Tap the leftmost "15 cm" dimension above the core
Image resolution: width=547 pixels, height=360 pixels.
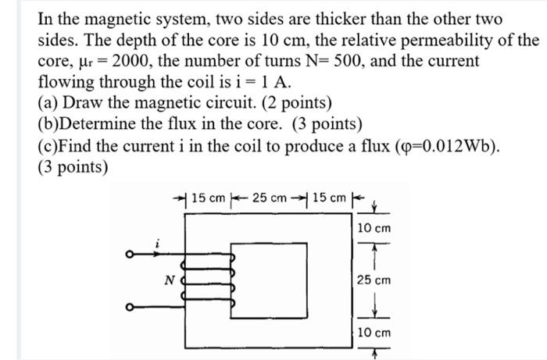209,196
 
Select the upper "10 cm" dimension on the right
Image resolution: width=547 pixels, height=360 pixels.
374,228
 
